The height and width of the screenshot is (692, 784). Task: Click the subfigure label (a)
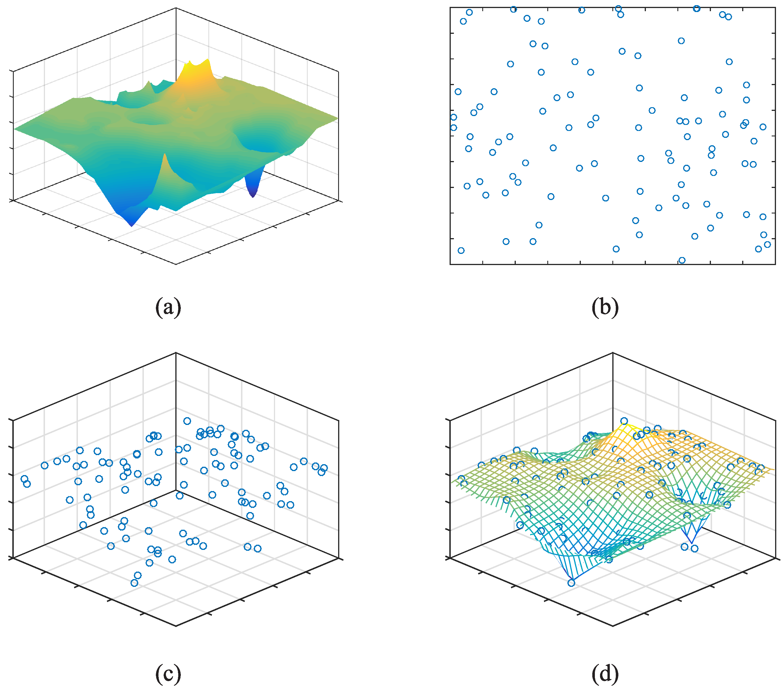tap(168, 307)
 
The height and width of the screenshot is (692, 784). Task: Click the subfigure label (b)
tap(605, 307)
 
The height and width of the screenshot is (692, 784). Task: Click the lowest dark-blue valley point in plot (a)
tap(132, 226)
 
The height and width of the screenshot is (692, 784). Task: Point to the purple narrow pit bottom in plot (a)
tap(253, 196)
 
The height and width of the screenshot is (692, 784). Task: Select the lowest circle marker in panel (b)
tap(682, 260)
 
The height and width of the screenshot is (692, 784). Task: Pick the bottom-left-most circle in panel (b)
tap(461, 250)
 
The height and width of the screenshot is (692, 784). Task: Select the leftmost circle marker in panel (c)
tap(24, 479)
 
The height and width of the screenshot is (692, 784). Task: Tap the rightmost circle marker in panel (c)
tap(324, 468)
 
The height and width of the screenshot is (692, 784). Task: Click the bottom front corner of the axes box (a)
tap(176, 264)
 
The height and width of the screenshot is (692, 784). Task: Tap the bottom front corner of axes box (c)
tap(176, 626)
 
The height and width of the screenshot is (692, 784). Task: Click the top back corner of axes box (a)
tap(176, 8)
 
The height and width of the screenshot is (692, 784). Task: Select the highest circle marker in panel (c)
tap(187, 421)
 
